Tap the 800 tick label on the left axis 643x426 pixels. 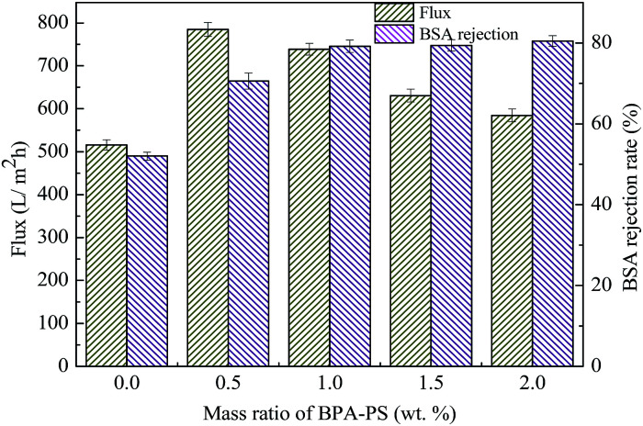click(x=53, y=23)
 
